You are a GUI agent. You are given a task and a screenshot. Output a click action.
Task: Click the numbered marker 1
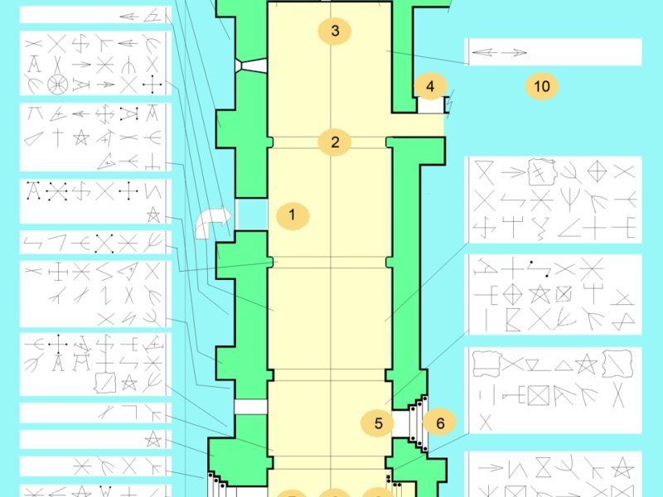[293, 215]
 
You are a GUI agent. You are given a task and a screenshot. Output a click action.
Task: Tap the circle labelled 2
[335, 142]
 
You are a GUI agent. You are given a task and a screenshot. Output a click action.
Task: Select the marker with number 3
[335, 31]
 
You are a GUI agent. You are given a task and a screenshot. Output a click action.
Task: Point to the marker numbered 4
[430, 86]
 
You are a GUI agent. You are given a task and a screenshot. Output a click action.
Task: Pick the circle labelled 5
[378, 422]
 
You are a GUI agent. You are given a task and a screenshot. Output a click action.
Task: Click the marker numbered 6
[440, 422]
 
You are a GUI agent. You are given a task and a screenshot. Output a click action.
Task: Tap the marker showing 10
[542, 86]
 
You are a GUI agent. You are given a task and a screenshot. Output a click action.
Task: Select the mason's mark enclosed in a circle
[57, 84]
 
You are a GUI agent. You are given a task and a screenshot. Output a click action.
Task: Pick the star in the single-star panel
[152, 439]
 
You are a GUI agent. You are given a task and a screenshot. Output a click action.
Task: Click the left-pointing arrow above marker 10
[484, 52]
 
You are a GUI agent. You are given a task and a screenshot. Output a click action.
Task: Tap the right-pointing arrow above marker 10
[514, 52]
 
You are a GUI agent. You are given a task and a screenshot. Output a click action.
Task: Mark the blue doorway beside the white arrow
[252, 215]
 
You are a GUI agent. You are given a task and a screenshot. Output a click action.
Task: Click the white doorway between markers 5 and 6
[400, 423]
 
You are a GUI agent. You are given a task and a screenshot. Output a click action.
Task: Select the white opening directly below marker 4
[431, 105]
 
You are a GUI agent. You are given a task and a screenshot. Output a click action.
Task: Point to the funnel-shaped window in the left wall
[250, 65]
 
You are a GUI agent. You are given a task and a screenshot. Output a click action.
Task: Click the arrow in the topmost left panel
[129, 17]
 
